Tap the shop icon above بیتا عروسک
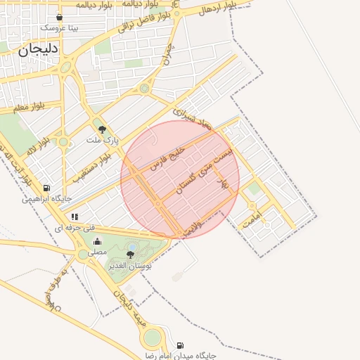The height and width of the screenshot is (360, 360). pos(58,18)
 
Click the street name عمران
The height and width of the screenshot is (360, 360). pos(169,53)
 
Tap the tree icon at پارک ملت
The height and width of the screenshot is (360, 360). pos(102,129)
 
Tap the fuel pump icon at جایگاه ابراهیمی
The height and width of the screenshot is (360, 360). pos(46,188)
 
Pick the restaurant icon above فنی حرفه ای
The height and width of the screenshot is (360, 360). pos(75,217)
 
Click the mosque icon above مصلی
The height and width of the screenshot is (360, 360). pos(97,242)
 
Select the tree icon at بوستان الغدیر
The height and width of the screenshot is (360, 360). pos(129,255)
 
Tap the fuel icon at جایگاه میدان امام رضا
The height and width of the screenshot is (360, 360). pos(181,345)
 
